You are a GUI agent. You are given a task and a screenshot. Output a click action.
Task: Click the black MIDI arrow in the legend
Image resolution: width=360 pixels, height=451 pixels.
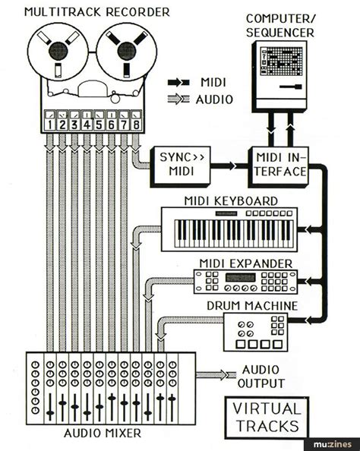pos(180,82)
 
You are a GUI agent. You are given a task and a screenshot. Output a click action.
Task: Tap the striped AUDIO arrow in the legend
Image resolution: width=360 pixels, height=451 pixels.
pos(180,99)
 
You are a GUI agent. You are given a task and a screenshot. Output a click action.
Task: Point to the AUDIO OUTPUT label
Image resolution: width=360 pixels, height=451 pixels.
pos(263,377)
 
